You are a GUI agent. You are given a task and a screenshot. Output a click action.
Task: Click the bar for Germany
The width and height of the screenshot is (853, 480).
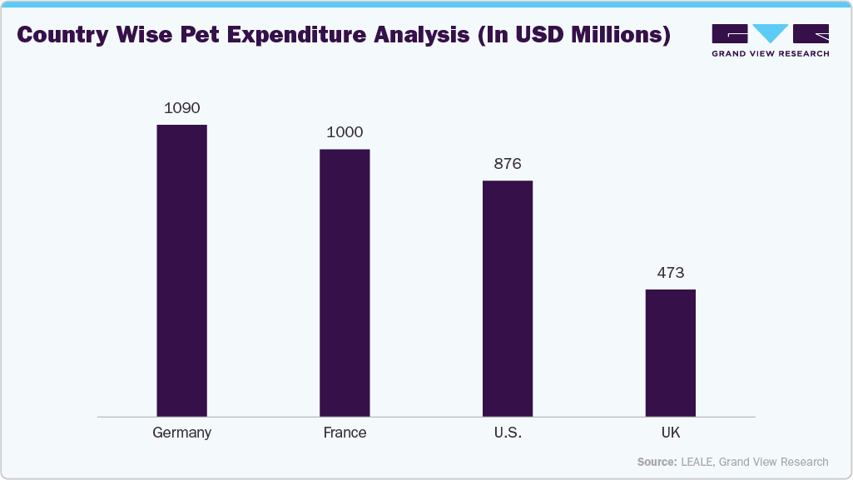[181, 270]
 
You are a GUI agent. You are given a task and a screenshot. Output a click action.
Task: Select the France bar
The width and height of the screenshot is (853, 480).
[345, 283]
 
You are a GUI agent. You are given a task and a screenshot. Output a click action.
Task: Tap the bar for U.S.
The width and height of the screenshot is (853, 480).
[508, 298]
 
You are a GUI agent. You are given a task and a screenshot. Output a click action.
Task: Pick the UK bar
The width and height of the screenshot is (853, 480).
[671, 353]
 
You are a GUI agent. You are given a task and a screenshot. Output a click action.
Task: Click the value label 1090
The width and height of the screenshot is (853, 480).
[181, 108]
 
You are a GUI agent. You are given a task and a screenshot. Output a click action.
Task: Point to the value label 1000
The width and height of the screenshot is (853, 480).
[345, 132]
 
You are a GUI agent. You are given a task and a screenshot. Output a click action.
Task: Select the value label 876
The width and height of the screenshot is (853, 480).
[508, 164]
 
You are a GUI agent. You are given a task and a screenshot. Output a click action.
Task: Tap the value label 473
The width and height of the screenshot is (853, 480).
[671, 273]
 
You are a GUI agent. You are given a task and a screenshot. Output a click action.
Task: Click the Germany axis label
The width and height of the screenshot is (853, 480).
[181, 433]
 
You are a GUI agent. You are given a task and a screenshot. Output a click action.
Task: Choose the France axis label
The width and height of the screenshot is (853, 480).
[345, 433]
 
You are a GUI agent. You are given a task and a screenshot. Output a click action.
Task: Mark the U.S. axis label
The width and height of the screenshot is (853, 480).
[508, 433]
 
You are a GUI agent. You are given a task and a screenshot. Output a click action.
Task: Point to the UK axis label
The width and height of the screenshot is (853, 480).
[671, 433]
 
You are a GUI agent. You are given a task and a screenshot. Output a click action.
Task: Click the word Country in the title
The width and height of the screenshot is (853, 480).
[62, 36]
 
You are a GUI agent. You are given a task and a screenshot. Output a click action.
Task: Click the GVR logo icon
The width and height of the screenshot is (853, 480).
[770, 34]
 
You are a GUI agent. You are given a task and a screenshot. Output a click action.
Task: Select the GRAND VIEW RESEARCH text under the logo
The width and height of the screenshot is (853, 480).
[770, 54]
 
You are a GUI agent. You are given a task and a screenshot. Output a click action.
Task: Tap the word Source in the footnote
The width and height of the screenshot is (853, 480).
[655, 462]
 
